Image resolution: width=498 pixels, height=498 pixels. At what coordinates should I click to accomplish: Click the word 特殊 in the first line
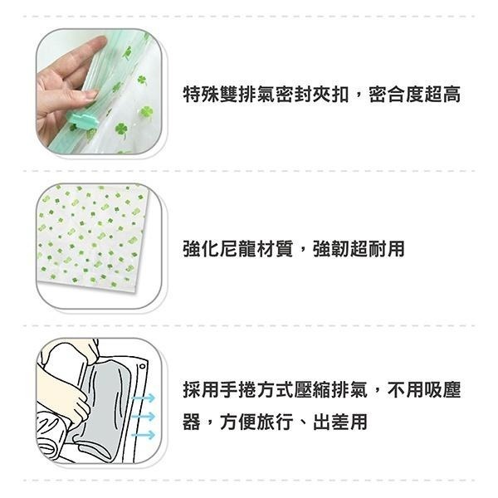point(201,95)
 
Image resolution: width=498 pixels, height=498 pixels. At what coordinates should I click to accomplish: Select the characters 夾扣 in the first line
point(330,95)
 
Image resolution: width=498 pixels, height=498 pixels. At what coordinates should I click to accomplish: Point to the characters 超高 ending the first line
point(442,95)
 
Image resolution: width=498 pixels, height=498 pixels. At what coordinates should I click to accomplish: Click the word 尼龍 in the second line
point(238,249)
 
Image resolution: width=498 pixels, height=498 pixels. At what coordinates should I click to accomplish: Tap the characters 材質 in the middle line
point(275,249)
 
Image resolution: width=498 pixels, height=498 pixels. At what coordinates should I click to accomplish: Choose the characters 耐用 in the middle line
point(386,249)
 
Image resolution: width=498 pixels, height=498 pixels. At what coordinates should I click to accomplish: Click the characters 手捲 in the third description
point(238,390)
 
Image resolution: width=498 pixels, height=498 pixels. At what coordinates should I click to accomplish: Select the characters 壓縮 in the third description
point(312,390)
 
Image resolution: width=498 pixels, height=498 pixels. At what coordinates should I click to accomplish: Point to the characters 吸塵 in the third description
point(442,390)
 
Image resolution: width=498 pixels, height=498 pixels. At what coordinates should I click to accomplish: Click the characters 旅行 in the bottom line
point(275,422)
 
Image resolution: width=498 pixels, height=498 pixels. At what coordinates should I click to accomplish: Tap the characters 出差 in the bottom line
point(331,422)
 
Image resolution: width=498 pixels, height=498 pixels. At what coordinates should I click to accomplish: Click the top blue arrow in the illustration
point(144,398)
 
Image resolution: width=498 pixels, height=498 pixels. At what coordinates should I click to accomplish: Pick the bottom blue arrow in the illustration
point(144,435)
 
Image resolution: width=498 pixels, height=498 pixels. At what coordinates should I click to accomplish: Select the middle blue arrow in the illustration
point(144,416)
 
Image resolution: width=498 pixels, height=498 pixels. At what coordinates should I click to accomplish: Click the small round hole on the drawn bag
point(142,367)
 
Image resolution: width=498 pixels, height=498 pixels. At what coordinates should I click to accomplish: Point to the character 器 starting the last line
point(192,422)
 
